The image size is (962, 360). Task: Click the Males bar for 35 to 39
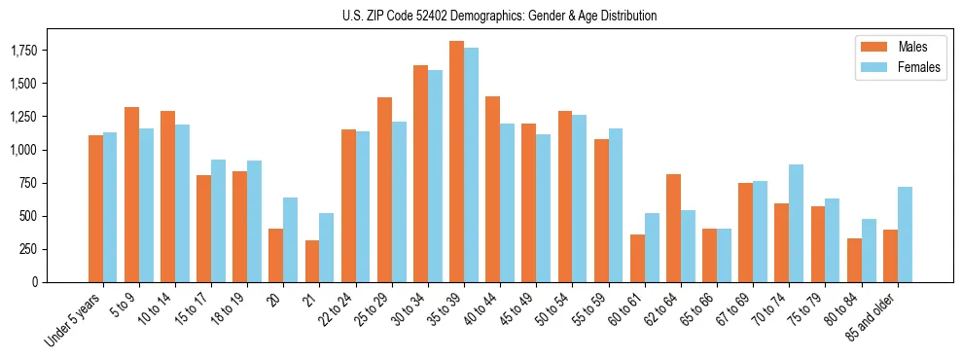pos(456,162)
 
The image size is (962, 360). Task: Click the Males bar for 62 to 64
pos(673,228)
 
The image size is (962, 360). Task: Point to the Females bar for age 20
pos(290,239)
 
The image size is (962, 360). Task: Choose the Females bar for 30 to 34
pos(435,176)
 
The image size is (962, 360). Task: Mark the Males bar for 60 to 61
pos(637,258)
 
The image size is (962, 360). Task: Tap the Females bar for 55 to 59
pos(616,205)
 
